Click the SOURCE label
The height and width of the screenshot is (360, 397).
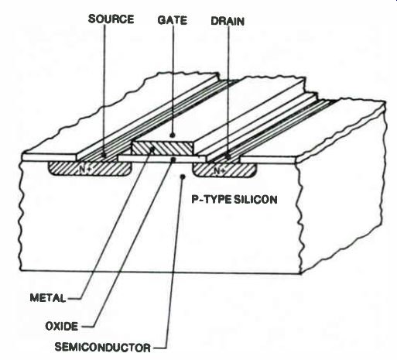click(111, 19)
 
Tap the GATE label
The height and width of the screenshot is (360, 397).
click(172, 20)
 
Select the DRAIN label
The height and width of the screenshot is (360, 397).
click(228, 21)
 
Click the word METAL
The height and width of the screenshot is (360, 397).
click(48, 298)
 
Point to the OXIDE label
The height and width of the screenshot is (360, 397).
click(61, 326)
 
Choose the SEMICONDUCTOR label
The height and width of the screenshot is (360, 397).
click(102, 348)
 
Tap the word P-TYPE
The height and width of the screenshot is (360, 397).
click(212, 200)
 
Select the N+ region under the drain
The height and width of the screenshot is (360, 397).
click(225, 170)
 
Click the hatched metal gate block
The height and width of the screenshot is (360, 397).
click(163, 149)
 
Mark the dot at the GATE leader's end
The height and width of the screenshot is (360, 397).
click(173, 135)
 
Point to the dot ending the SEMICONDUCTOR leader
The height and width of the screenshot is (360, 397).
click(183, 177)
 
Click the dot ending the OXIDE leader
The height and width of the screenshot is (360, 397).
click(173, 159)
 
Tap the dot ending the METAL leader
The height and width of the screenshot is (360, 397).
click(152, 149)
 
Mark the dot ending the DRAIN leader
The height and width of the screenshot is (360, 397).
click(228, 156)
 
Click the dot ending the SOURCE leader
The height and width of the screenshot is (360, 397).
click(104, 156)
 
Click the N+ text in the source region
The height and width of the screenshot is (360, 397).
click(84, 169)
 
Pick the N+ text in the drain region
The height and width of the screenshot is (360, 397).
click(220, 170)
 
